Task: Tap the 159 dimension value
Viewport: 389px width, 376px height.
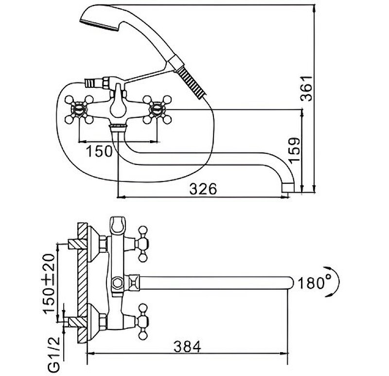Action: pyautogui.click(x=294, y=151)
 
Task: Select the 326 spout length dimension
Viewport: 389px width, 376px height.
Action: pyautogui.click(x=202, y=189)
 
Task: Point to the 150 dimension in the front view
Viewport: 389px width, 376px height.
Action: pyautogui.click(x=100, y=151)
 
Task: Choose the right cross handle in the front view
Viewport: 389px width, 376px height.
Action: pyautogui.click(x=157, y=108)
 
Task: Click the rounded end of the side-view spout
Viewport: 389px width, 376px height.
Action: pyautogui.click(x=292, y=282)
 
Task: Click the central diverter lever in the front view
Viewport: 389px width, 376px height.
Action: pyautogui.click(x=117, y=104)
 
